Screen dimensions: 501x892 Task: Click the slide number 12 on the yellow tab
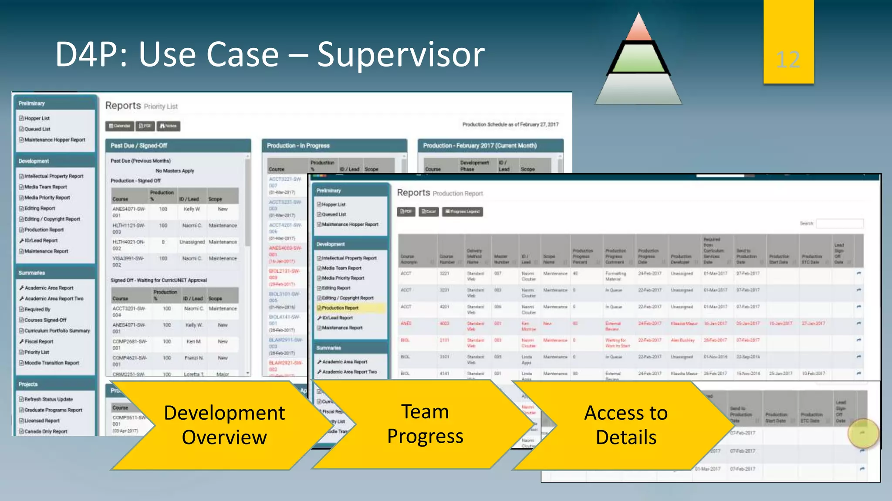788,60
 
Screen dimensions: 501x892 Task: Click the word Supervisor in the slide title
400,55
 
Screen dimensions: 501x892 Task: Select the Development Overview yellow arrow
224,425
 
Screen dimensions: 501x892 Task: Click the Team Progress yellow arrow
425,424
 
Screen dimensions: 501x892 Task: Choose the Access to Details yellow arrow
625,425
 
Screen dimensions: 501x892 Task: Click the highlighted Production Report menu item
340,308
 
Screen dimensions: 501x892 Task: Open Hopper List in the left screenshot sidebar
37,118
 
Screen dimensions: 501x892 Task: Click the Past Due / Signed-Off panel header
178,146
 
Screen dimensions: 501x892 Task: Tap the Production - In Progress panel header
334,146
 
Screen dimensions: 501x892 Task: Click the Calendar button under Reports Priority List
120,126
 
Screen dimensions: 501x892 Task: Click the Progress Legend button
463,212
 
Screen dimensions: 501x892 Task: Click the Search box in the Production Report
839,224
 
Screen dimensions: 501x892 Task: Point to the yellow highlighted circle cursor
862,433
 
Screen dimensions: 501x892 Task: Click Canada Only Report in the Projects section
46,431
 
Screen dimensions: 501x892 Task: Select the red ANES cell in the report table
406,323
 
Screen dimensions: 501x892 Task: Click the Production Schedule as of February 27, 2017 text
510,124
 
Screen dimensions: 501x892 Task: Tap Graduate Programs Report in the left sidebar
53,410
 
